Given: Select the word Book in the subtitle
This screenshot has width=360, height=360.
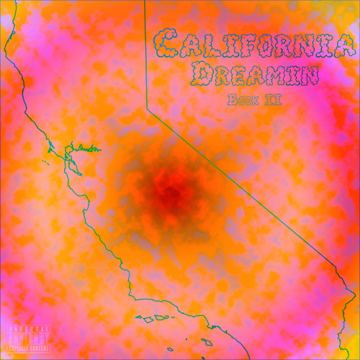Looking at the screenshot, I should coord(239,99).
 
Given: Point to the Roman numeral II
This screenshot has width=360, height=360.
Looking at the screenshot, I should coord(272,99).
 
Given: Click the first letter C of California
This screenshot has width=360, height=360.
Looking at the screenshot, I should coord(168,45).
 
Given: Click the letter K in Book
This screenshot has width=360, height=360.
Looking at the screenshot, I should coord(253,99).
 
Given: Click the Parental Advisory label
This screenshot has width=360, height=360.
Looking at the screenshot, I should coord(29,339).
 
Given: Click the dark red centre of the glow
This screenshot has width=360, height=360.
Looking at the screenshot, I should coord(171,189).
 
